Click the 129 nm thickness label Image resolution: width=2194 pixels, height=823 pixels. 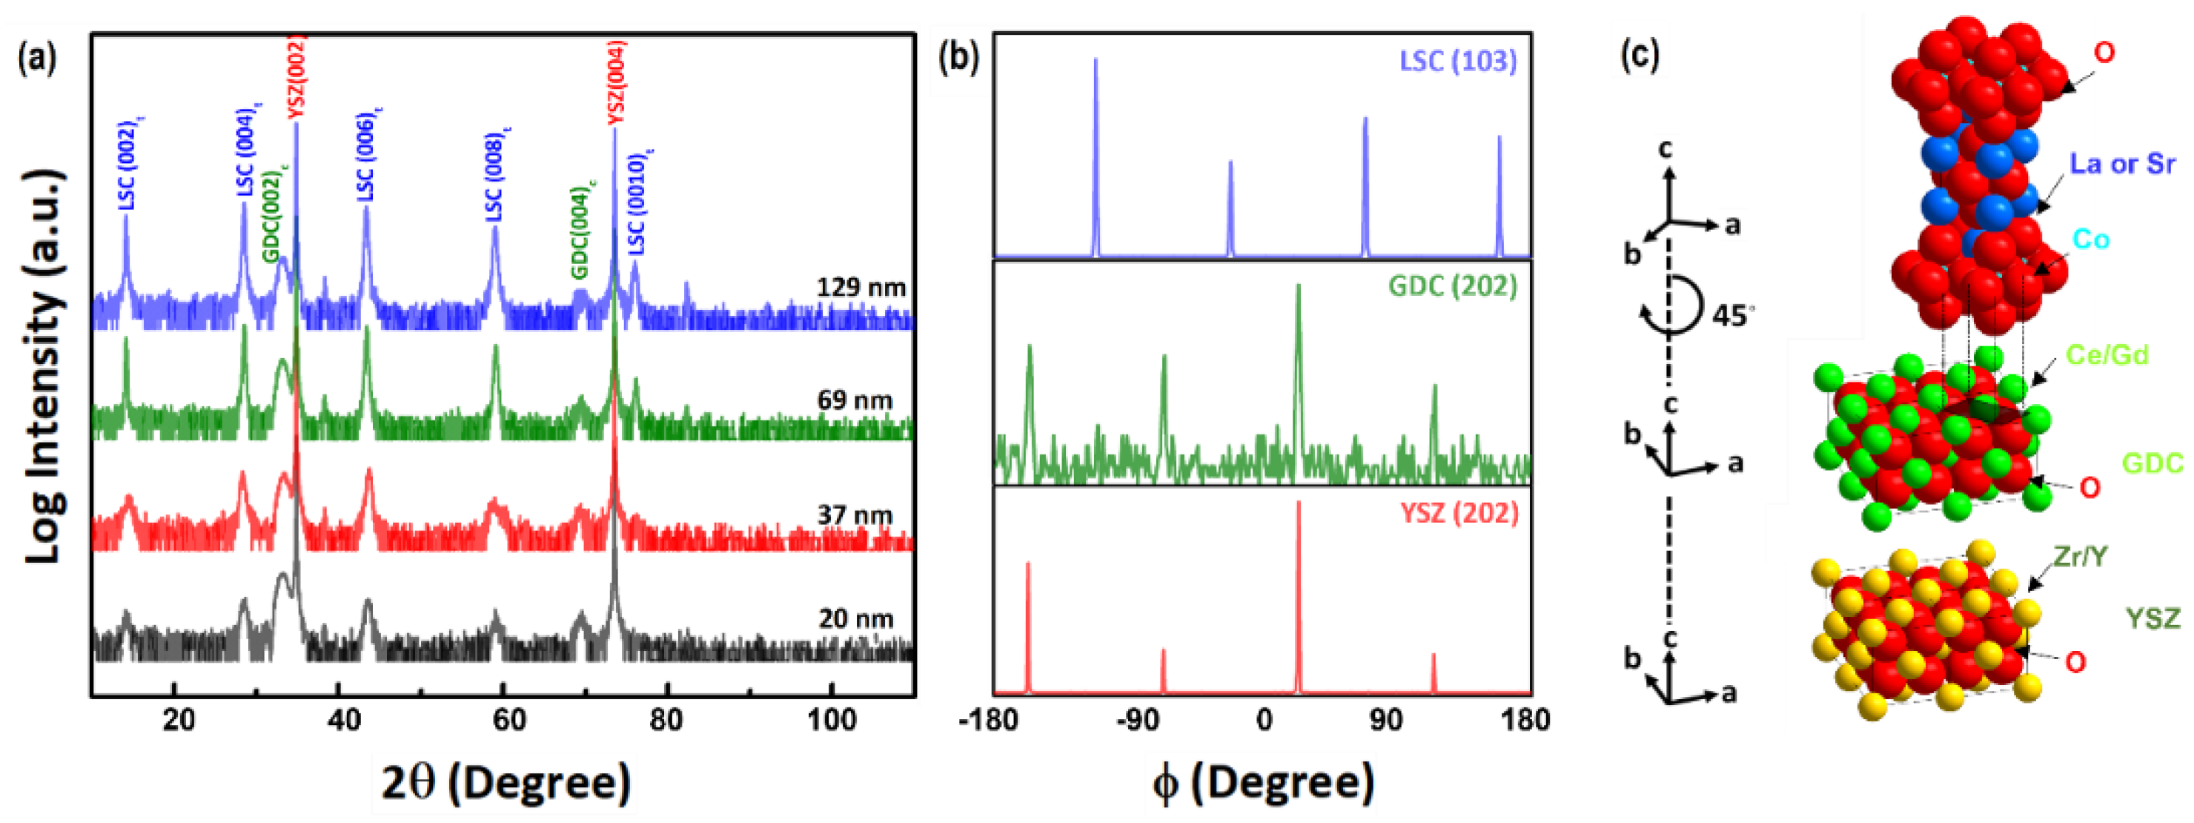(861, 288)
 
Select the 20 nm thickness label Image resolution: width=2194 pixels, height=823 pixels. (856, 618)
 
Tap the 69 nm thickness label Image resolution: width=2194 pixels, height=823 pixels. (855, 400)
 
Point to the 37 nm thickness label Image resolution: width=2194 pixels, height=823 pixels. (855, 515)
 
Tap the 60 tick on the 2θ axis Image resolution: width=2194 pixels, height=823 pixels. (508, 721)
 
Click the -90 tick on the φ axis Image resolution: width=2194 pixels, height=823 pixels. (1139, 721)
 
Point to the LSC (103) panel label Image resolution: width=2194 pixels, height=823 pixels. (1458, 61)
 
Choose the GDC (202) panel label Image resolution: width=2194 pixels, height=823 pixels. (1452, 286)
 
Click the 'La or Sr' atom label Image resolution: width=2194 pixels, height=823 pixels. (2122, 164)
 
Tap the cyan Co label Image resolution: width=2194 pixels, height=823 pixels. (2090, 239)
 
